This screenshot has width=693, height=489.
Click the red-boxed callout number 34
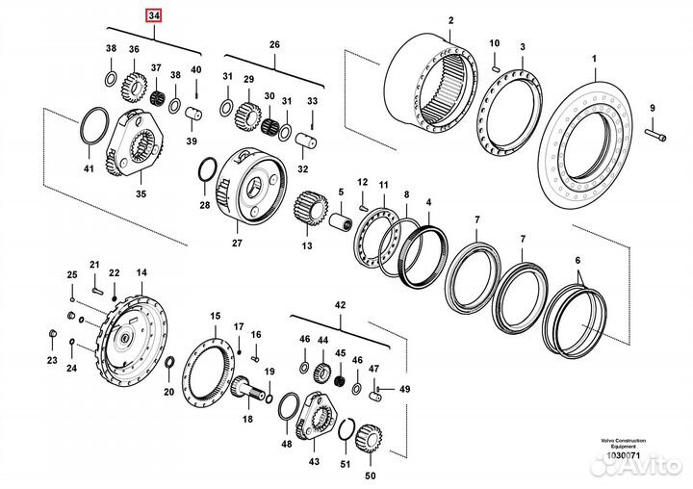coord(154,16)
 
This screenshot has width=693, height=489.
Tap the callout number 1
coord(595,60)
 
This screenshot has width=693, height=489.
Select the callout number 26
coord(274,45)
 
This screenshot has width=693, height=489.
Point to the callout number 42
coord(339,304)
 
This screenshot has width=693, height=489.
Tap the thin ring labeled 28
coord(205,173)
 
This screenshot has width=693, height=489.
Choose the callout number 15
coord(216,315)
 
